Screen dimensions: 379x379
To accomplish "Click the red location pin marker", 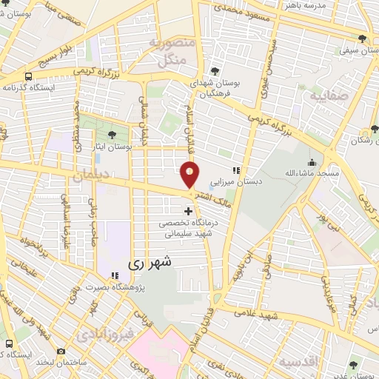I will [190, 175].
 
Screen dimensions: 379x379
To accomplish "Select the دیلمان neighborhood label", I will [91, 174].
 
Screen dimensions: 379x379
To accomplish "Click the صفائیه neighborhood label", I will [327, 96].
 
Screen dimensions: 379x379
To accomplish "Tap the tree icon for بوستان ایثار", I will [111, 134].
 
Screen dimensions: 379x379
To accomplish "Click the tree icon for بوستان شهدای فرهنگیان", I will [214, 71].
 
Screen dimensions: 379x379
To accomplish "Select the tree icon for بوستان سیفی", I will [362, 38].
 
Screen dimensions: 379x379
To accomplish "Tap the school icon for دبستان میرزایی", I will [236, 171].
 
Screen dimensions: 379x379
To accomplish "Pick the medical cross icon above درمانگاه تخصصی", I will [188, 211].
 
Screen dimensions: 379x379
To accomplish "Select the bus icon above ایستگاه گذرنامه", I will [28, 76].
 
